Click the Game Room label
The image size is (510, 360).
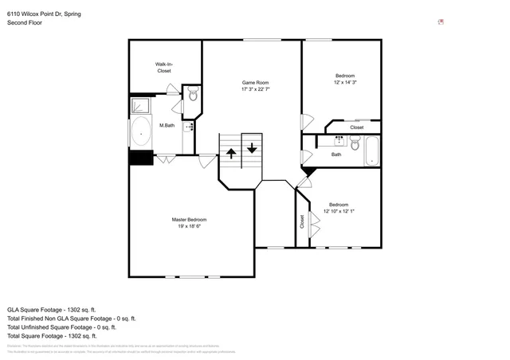(x=255, y=82)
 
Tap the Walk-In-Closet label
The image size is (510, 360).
(x=163, y=68)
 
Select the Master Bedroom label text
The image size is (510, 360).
(x=189, y=219)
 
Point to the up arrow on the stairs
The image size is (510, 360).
(x=231, y=151)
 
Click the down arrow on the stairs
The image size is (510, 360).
(x=252, y=147)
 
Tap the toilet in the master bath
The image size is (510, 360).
(x=193, y=95)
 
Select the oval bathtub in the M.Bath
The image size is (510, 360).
(x=142, y=131)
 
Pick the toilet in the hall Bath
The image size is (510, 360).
(x=355, y=144)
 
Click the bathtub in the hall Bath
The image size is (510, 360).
(x=373, y=150)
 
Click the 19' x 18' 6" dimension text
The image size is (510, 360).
(x=189, y=226)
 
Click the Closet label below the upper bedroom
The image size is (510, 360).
(x=356, y=127)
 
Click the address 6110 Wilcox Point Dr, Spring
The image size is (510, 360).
(x=43, y=14)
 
